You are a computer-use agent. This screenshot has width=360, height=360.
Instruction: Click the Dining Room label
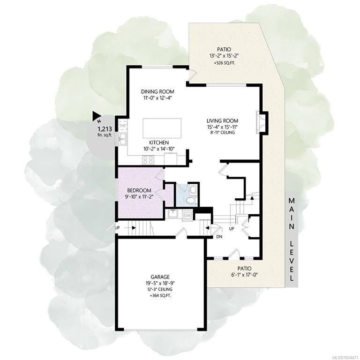click(x=157, y=92)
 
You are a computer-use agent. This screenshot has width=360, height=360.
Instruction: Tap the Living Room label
click(x=222, y=121)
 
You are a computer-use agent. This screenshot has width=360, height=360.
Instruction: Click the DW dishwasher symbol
click(x=123, y=126)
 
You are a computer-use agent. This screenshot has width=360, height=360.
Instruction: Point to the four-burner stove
click(x=148, y=160)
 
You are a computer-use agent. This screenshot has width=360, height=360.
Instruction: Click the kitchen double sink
click(x=122, y=139)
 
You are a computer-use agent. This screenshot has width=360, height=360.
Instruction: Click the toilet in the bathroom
click(x=191, y=201)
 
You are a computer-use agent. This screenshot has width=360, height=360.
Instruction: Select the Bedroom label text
click(x=139, y=190)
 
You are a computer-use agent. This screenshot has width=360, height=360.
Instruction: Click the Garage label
click(x=160, y=277)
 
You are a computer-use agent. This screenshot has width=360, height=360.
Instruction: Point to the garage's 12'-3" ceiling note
click(x=160, y=289)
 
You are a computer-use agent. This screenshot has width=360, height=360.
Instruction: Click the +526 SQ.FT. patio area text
click(x=224, y=63)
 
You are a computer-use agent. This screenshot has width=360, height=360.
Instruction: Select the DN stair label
click(x=219, y=237)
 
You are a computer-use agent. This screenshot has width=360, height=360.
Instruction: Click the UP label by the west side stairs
click(x=117, y=228)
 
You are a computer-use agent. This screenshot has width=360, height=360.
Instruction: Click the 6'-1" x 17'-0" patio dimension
click(x=244, y=275)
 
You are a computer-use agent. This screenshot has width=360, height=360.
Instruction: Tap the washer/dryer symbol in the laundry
click(x=187, y=216)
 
